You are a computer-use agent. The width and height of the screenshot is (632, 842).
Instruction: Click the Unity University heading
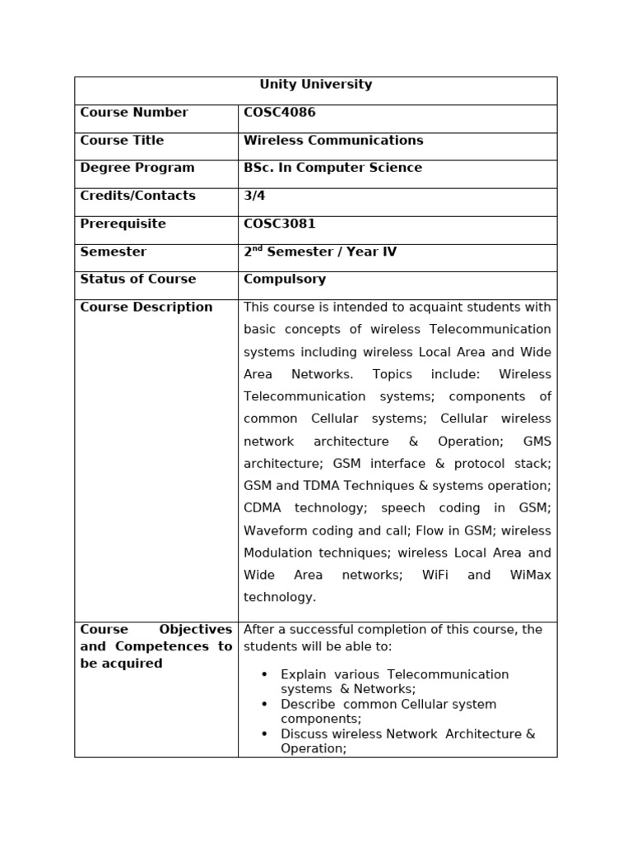(315, 85)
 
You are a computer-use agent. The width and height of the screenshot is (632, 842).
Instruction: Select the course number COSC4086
(279, 113)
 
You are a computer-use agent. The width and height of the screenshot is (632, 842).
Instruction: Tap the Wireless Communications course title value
(333, 141)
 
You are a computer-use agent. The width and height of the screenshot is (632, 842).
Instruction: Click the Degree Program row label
(137, 168)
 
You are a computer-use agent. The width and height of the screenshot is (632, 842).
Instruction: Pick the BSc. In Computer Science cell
(332, 168)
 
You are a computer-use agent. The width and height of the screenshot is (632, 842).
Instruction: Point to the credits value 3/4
(254, 196)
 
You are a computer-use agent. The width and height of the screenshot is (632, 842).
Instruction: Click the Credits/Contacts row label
(137, 196)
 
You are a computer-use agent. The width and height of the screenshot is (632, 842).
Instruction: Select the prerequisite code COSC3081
(279, 224)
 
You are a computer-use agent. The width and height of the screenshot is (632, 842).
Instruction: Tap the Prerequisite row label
(123, 224)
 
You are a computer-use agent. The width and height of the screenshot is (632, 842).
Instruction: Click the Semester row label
(114, 252)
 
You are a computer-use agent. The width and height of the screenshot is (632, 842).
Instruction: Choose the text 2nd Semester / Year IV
(319, 252)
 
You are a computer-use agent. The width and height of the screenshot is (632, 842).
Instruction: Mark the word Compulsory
(284, 280)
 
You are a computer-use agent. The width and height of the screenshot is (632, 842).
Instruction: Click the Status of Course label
(137, 280)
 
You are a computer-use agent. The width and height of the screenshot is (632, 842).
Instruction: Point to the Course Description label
(146, 308)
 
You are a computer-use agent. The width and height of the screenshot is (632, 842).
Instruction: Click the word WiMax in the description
(530, 576)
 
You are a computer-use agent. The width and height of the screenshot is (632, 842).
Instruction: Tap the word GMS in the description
(537, 442)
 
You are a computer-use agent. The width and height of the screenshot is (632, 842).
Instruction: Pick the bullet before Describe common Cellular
(264, 705)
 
